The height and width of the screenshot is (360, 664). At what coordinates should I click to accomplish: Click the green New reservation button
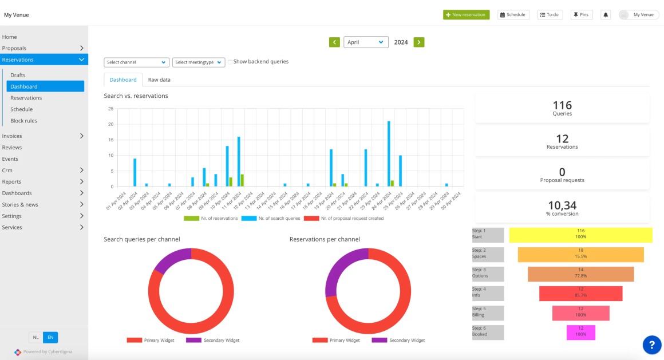[x=466, y=14]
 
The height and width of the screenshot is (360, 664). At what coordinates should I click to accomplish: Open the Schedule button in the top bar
[x=512, y=15]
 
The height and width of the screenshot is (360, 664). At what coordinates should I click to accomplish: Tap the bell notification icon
[x=606, y=15]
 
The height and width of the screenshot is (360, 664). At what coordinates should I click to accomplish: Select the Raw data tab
[x=159, y=80]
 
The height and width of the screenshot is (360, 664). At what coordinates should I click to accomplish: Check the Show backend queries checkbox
[x=230, y=62]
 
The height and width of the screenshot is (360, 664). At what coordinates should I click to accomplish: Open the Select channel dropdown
[x=136, y=62]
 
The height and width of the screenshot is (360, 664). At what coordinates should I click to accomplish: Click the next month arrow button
[x=419, y=42]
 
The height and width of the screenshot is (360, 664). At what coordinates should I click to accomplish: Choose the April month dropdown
[x=366, y=42]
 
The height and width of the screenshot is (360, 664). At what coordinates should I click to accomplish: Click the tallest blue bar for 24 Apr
[x=389, y=153]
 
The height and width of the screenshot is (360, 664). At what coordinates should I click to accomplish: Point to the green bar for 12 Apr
[x=242, y=180]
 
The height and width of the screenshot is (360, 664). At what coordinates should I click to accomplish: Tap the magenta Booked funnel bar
[x=580, y=332]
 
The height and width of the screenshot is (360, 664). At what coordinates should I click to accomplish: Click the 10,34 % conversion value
[x=562, y=205]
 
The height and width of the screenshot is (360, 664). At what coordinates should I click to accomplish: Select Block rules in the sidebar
[x=23, y=121]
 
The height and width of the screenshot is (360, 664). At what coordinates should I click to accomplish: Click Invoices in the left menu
[x=12, y=136]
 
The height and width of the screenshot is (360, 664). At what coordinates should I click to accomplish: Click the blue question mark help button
[x=651, y=345]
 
